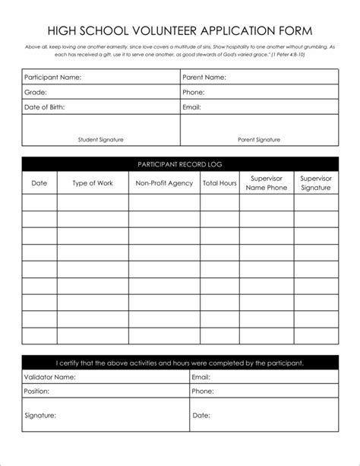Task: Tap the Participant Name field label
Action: [x=52, y=78]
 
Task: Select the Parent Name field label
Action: [x=204, y=78]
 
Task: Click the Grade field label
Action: [x=36, y=92]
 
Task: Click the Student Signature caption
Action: [x=100, y=139]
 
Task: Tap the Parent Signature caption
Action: [x=259, y=139]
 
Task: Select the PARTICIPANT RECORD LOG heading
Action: [x=179, y=164]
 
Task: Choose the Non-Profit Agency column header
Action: [x=164, y=183]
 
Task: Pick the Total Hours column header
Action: [x=219, y=183]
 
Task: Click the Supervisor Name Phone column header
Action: [x=267, y=183]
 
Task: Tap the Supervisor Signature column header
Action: [x=316, y=183]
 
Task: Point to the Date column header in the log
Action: [x=39, y=183]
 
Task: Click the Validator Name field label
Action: [x=50, y=376]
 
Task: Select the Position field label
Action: [x=36, y=392]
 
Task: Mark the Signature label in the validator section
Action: [x=41, y=416]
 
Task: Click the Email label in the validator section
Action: [x=201, y=376]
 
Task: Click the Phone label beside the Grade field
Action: [x=194, y=92]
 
